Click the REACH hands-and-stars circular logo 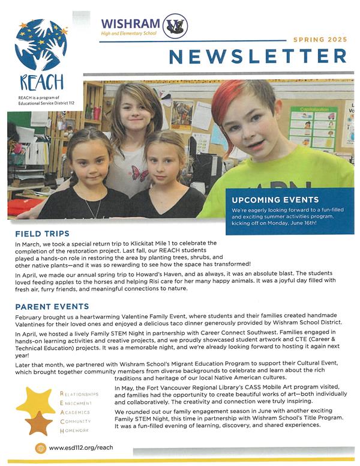(x=41, y=45)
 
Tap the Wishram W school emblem (x=175, y=26)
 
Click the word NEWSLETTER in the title (x=257, y=56)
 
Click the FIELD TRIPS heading (x=43, y=233)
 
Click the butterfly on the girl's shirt (x=140, y=174)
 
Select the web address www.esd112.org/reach (x=81, y=447)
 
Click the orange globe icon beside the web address (x=41, y=448)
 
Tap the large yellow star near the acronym (x=35, y=402)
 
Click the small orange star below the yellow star (x=39, y=424)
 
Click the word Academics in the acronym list (x=75, y=413)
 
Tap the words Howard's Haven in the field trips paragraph (x=169, y=271)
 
